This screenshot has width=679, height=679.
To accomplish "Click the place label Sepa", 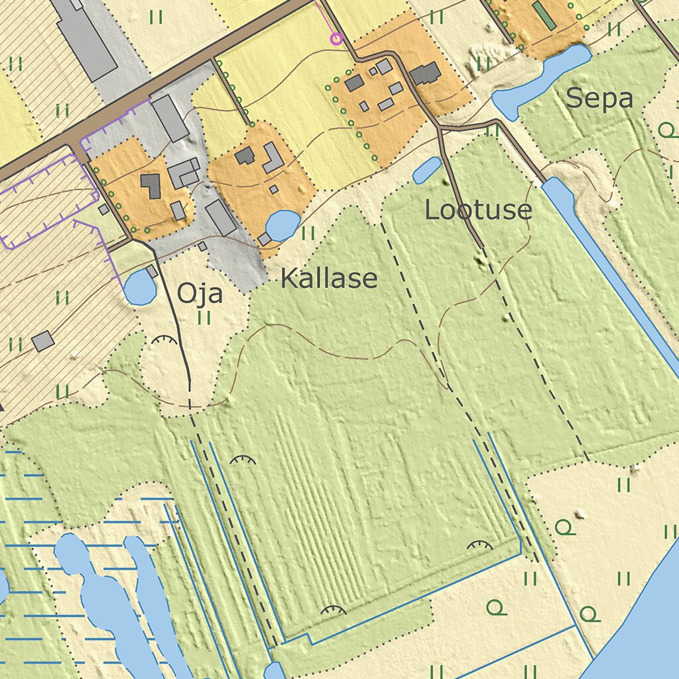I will click(599, 99).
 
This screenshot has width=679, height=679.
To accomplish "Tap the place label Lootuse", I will click(478, 210).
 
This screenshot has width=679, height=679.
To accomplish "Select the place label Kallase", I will click(329, 279).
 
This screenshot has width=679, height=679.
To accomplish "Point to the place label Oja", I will click(199, 293).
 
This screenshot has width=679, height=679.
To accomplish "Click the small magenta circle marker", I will click(336, 39).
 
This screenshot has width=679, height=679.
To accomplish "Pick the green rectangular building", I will click(544, 15).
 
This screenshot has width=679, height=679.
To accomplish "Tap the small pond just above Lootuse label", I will click(427, 170).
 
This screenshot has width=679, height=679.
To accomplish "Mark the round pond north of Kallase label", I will click(282, 225).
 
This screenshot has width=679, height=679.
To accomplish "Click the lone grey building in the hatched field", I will click(43, 341).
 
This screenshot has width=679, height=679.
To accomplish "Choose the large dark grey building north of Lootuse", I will click(425, 74).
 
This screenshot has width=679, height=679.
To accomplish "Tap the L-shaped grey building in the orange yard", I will click(273, 157).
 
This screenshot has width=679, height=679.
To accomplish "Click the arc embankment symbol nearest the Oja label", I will click(164, 341).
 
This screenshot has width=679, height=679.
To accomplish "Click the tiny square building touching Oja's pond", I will click(152, 271).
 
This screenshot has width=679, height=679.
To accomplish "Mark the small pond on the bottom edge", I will click(275, 671).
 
